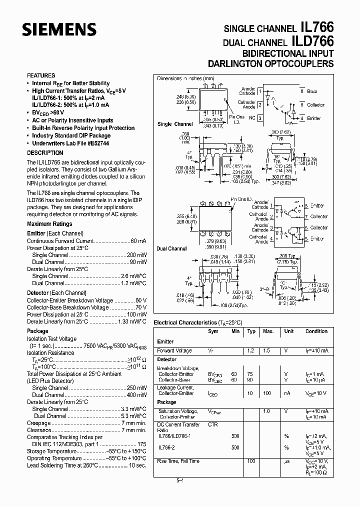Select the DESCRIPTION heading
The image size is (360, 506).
click(x=45, y=153)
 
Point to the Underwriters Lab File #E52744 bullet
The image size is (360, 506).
click(x=70, y=143)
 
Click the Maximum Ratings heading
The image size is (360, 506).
click(x=49, y=224)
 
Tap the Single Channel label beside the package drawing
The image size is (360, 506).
click(x=175, y=124)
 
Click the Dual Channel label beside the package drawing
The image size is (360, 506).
click(x=171, y=248)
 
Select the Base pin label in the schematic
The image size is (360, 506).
click(x=312, y=91)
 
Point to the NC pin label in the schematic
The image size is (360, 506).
click(x=252, y=118)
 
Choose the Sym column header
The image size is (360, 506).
click(x=213, y=331)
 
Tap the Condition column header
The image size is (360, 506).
click(x=316, y=331)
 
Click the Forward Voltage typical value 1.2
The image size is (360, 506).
click(x=251, y=350)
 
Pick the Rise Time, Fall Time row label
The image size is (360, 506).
click(x=178, y=461)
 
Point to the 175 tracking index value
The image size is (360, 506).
click(x=141, y=443)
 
